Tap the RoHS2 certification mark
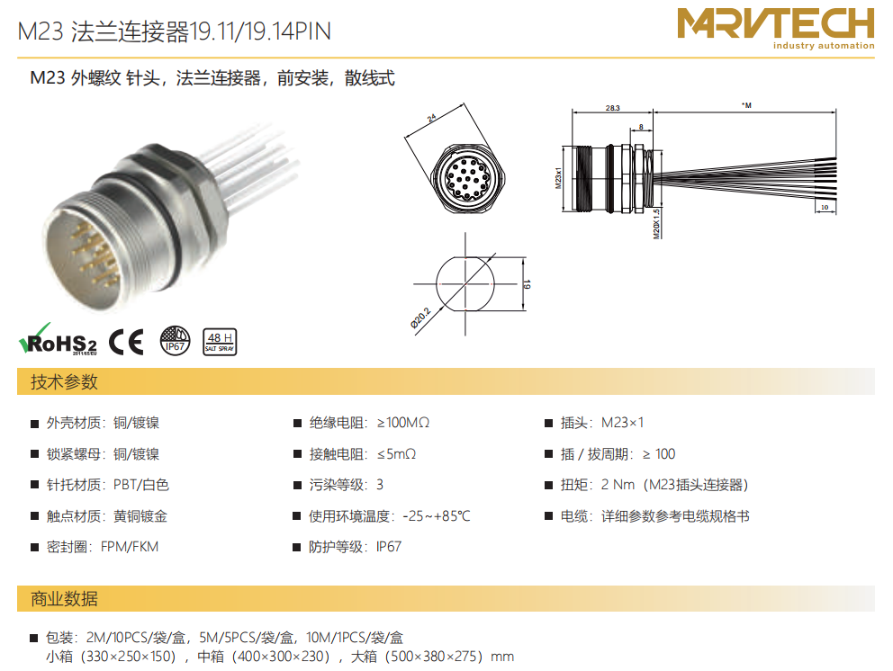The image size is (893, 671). click(58, 340)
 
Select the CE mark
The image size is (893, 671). click(126, 342)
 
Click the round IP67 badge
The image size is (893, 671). click(175, 341)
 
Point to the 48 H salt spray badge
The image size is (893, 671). click(220, 342)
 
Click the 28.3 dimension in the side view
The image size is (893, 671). click(613, 108)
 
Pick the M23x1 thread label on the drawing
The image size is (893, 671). click(558, 178)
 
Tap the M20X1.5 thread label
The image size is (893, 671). click(656, 223)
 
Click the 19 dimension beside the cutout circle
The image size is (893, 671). click(527, 284)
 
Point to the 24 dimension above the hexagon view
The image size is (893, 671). click(432, 118)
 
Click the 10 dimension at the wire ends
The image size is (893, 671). click(825, 207)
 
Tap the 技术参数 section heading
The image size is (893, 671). click(64, 382)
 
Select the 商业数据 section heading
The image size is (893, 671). click(64, 599)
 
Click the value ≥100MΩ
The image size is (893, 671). click(403, 423)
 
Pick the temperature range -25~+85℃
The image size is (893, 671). click(437, 516)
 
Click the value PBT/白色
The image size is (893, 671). click(141, 485)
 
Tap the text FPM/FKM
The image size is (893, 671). click(130, 547)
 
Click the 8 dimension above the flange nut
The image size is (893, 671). click(641, 127)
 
